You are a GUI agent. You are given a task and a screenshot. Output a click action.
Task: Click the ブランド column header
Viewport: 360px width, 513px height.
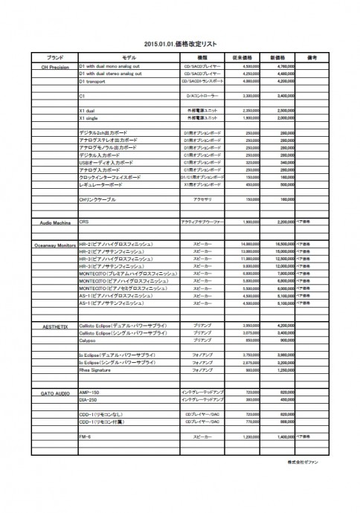(54, 57)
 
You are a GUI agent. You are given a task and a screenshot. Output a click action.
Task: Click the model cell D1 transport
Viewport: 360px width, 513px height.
(93, 80)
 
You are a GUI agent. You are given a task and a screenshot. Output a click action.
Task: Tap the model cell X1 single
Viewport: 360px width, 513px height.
(89, 117)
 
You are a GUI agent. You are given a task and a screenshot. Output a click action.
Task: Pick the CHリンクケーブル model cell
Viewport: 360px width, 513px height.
(98, 199)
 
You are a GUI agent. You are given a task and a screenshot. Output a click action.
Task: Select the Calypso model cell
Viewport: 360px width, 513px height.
(89, 340)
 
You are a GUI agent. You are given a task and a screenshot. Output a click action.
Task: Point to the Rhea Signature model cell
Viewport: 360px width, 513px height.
(95, 369)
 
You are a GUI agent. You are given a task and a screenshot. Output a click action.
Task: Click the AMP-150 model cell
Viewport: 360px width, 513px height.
(89, 390)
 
